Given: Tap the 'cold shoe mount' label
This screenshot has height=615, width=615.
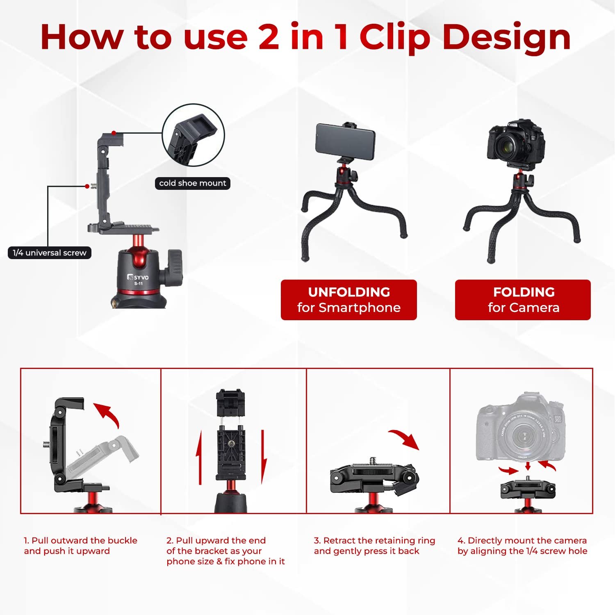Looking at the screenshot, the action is coord(192,183).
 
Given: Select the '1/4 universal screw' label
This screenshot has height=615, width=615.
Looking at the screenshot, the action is coord(49,253).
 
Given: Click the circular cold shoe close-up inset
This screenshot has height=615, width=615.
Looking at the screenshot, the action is coord(194,135).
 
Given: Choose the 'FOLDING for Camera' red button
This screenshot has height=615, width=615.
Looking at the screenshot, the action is coord(523,300).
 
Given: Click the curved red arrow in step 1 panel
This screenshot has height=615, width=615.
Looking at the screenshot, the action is coord(107,414).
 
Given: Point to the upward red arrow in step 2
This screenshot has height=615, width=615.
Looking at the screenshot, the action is coord(199,457).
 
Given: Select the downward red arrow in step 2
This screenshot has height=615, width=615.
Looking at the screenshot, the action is coord(264,457).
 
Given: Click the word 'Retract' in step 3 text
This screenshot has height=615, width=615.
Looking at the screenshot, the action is coord(339,540).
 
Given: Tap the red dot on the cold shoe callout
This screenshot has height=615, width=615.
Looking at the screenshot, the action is coord(114,133).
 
